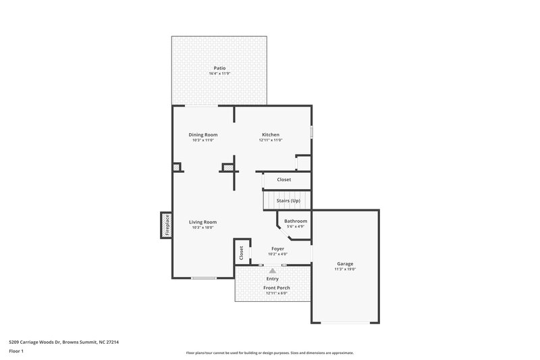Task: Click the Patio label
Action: tap(219, 68)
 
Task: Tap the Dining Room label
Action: tap(202, 134)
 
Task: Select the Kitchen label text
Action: tap(270, 134)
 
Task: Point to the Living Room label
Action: tap(202, 222)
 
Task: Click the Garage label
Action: tap(345, 263)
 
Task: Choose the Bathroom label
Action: tap(296, 221)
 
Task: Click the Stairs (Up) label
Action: tap(288, 201)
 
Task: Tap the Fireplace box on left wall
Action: tap(165, 226)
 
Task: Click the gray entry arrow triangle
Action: tap(273, 270)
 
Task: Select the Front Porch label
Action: tap(277, 288)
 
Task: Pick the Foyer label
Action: tap(277, 249)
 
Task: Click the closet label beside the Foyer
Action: tap(242, 253)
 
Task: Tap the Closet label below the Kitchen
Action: tap(284, 180)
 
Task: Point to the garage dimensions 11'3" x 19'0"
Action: tap(345, 269)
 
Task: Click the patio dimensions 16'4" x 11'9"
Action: tap(219, 73)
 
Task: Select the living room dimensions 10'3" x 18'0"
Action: tap(202, 228)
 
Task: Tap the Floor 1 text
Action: tap(17, 351)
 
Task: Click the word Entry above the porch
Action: tap(273, 278)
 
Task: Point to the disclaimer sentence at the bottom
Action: tap(270, 353)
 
